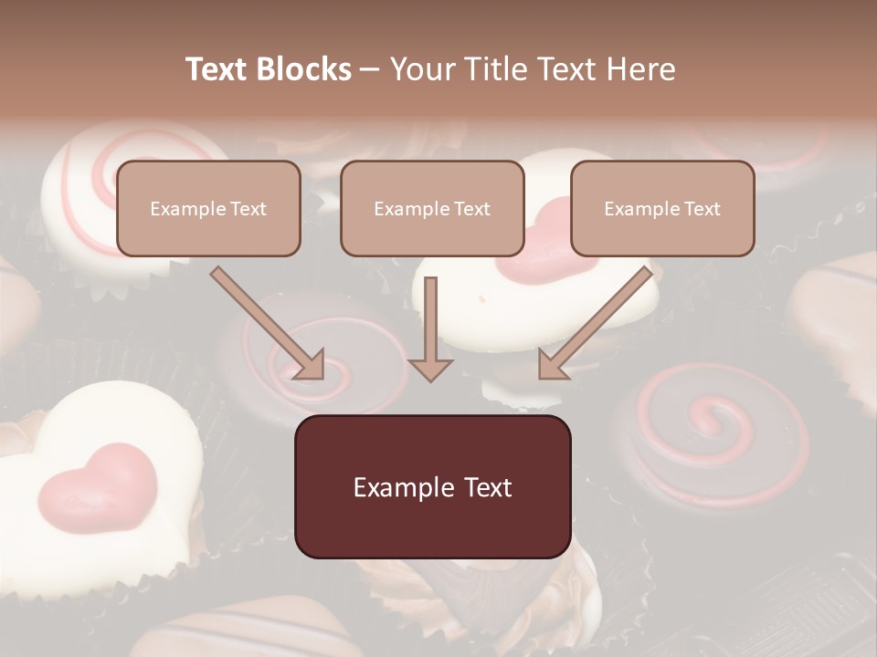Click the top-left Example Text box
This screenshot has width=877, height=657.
(208, 208)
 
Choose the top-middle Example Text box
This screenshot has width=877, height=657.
(432, 208)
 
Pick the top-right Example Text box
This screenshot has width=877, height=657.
(662, 208)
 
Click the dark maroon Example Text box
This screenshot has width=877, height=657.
(432, 486)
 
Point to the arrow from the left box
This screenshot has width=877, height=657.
(265, 321)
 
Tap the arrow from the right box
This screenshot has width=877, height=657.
(598, 321)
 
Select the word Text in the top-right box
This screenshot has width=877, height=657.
(702, 209)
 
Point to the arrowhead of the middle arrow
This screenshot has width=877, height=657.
(430, 368)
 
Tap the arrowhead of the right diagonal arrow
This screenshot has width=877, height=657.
(554, 364)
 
